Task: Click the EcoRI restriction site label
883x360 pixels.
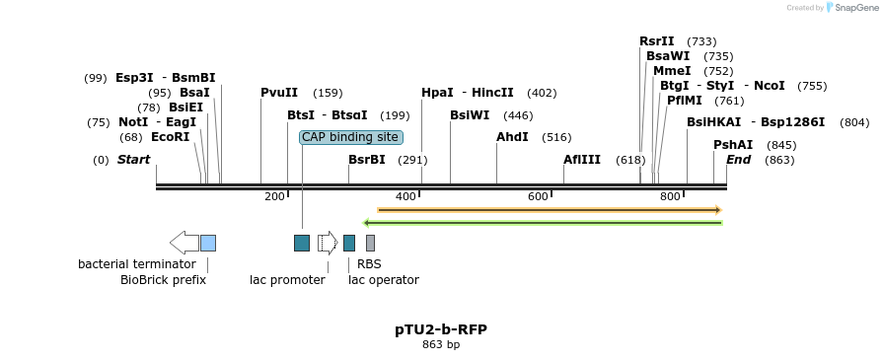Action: (x=170, y=137)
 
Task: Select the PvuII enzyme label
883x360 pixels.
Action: (x=279, y=93)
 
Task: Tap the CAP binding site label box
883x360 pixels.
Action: (x=351, y=137)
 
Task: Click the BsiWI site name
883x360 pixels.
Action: (x=470, y=115)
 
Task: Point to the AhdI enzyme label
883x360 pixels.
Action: (x=512, y=136)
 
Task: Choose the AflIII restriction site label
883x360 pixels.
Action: (x=582, y=160)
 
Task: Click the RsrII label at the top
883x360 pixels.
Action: (x=657, y=41)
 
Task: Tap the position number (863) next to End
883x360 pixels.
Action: (x=779, y=160)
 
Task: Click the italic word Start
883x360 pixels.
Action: (x=133, y=160)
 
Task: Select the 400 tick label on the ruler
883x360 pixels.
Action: (x=406, y=196)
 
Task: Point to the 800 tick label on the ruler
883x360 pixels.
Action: (x=670, y=196)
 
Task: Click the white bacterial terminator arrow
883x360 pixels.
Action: (x=184, y=243)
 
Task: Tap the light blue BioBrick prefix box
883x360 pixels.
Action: (x=208, y=243)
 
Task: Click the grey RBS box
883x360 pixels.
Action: (x=370, y=243)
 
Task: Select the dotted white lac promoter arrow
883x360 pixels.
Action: (x=328, y=243)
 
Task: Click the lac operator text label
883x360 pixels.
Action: (x=384, y=279)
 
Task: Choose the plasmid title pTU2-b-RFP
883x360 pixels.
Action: (x=441, y=329)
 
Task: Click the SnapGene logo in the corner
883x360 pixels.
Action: (x=852, y=7)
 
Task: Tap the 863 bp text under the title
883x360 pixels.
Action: (x=441, y=344)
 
